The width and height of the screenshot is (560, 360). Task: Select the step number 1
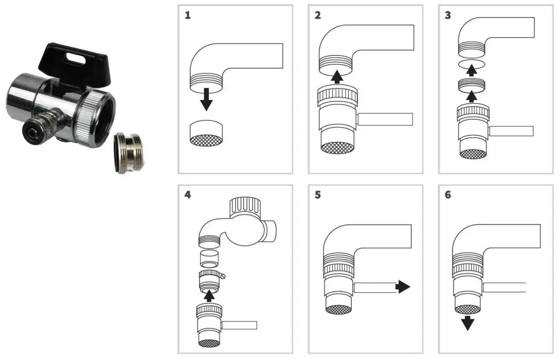[x=188, y=16]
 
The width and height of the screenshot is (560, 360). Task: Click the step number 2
[x=318, y=16]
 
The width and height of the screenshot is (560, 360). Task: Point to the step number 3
[x=448, y=16]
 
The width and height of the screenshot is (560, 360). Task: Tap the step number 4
[x=188, y=195]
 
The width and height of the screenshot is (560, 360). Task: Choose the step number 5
[x=318, y=195]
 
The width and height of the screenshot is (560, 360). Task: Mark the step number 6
[x=448, y=195]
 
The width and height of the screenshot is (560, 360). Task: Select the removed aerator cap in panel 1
[x=206, y=133]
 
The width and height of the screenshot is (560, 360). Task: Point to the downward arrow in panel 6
[x=468, y=323]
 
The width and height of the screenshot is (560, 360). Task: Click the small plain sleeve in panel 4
[x=209, y=258]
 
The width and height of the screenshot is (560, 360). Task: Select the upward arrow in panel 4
[x=209, y=296]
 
